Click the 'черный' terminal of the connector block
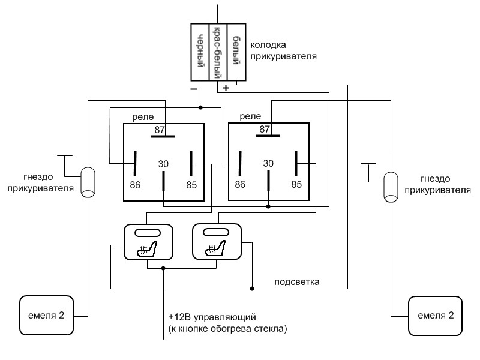tap(199, 52)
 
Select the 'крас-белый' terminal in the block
tap(218, 52)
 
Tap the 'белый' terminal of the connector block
tap(238, 52)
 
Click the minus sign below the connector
tap(194, 88)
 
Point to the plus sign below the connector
tap(226, 88)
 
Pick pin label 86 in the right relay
tap(240, 184)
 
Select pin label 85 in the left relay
tap(191, 184)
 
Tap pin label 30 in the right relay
tap(268, 163)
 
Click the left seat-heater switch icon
tap(148, 242)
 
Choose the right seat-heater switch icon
tap(216, 242)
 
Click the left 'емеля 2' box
tap(47, 315)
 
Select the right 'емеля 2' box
tap(436, 315)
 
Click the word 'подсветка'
tap(296, 282)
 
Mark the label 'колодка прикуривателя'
tap(283, 50)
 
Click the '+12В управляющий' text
tap(214, 316)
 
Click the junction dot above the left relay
tap(200, 108)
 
